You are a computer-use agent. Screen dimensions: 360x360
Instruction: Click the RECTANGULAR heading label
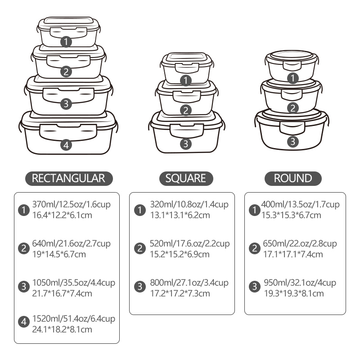point(69,178)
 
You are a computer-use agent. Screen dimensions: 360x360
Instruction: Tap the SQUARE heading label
point(186,178)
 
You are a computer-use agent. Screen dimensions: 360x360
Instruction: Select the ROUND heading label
point(293,178)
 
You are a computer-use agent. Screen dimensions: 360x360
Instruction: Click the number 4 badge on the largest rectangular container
point(66,145)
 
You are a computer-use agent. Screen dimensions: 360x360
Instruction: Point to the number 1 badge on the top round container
point(293,78)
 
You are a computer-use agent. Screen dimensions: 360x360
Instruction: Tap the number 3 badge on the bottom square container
point(186,144)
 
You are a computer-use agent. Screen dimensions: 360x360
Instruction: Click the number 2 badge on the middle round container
point(293,108)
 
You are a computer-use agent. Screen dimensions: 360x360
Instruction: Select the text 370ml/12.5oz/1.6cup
point(72,204)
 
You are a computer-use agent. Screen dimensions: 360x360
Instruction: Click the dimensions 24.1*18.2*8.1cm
point(62,329)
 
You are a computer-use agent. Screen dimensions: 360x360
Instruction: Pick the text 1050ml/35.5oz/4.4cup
point(74,283)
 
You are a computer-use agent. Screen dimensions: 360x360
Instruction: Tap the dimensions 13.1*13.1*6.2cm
point(180,215)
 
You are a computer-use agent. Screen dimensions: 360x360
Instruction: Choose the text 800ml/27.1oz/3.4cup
point(189,283)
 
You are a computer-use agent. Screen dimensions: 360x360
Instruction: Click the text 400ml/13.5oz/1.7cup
point(300,204)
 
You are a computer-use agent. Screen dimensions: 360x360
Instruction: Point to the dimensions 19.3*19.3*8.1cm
point(294,293)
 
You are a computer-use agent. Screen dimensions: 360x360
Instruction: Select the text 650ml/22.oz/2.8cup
point(300,243)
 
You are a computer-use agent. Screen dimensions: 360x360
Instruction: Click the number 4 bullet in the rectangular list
point(24,322)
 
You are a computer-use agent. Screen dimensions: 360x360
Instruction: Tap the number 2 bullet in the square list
point(140,248)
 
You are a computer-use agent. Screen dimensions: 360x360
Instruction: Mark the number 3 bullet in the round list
point(254,287)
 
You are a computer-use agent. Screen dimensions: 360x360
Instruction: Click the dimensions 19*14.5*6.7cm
point(59,254)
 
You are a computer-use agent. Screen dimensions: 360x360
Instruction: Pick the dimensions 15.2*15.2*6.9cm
point(180,254)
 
